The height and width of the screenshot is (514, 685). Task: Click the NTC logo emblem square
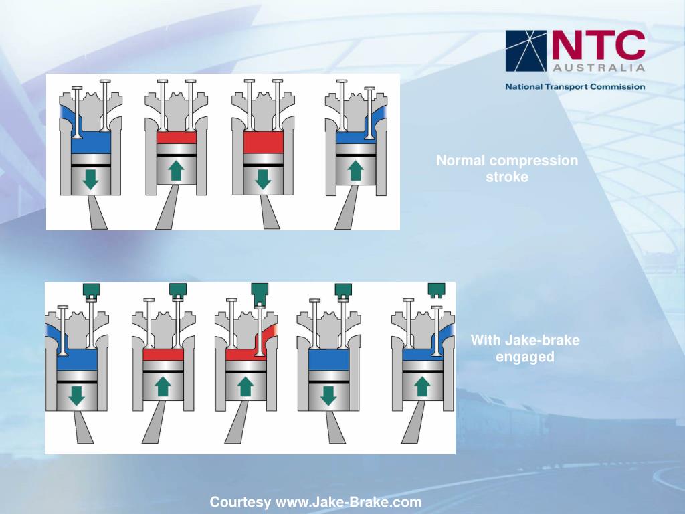pyautogui.click(x=526, y=51)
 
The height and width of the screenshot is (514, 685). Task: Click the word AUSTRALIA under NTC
pyautogui.click(x=599, y=68)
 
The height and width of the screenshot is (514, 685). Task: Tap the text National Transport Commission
pyautogui.click(x=575, y=86)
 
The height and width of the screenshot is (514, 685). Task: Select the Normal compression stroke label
pyautogui.click(x=507, y=169)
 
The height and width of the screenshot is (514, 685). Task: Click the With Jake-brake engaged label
pyautogui.click(x=525, y=349)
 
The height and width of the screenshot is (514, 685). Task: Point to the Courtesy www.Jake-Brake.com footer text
pyautogui.click(x=316, y=502)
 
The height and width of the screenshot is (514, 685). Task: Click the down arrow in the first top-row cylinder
pyautogui.click(x=90, y=179)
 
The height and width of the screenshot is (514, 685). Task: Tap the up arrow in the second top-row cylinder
pyautogui.click(x=176, y=171)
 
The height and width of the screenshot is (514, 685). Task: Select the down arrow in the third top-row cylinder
pyautogui.click(x=263, y=179)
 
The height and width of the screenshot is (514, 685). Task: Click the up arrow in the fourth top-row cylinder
pyautogui.click(x=355, y=171)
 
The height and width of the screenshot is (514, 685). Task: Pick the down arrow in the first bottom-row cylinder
pyautogui.click(x=77, y=396)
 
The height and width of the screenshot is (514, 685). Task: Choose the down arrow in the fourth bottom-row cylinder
pyautogui.click(x=328, y=396)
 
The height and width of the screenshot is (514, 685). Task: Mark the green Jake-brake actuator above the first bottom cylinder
pyautogui.click(x=91, y=290)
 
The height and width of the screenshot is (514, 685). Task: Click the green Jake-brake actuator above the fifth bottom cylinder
pyautogui.click(x=437, y=290)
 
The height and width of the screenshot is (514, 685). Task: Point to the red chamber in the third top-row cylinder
pyautogui.click(x=263, y=143)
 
